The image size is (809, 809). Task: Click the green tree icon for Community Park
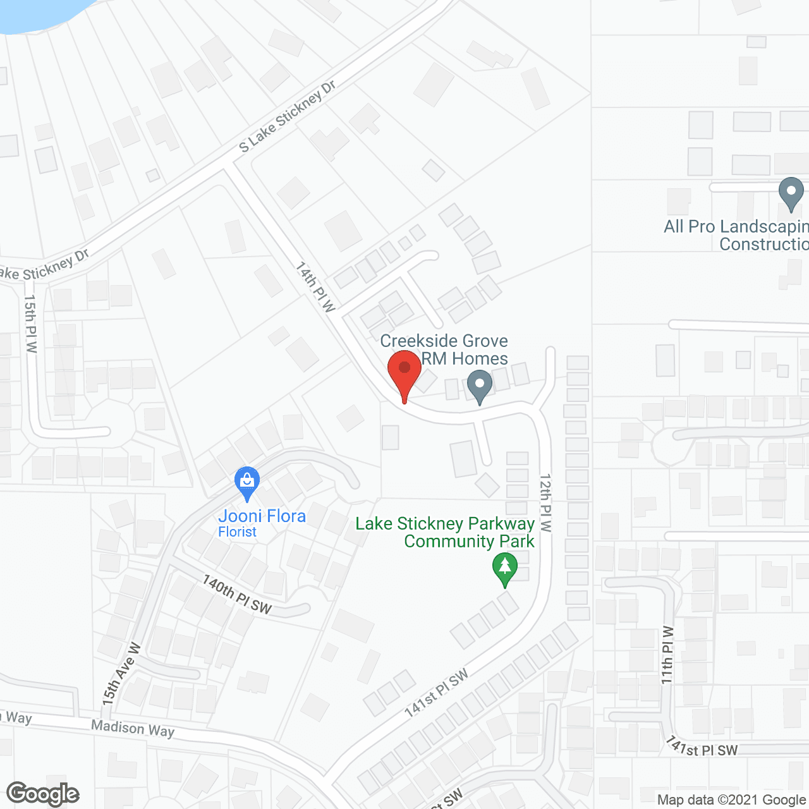(504, 568)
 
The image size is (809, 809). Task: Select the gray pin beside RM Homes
(480, 386)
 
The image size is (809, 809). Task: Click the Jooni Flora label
(262, 516)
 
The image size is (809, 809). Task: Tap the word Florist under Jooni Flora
(237, 532)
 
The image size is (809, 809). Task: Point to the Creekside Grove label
(444, 341)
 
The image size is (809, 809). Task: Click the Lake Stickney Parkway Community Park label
(445, 532)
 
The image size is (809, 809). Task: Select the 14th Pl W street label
(315, 286)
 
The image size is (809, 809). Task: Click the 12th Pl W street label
(545, 502)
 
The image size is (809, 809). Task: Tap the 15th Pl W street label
(30, 323)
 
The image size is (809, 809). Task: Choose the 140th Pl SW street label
(236, 594)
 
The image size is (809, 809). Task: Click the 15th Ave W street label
(121, 674)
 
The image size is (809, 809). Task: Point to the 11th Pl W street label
(667, 655)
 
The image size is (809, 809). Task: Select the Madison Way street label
(133, 728)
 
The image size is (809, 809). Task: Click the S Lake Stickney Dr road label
(288, 116)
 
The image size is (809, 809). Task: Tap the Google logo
(43, 794)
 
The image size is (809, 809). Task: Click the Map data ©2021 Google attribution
(732, 800)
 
